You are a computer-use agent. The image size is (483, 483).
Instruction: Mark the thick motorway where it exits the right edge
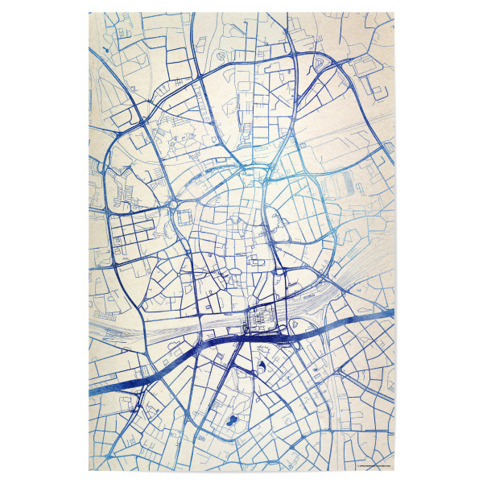pyautogui.click(x=390, y=312)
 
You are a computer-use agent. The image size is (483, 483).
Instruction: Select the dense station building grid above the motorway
pyautogui.click(x=261, y=321)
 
